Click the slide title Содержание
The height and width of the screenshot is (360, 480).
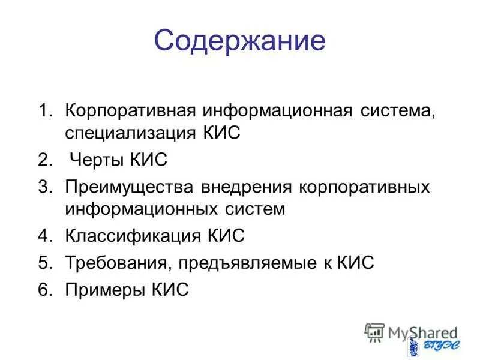click(x=239, y=41)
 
